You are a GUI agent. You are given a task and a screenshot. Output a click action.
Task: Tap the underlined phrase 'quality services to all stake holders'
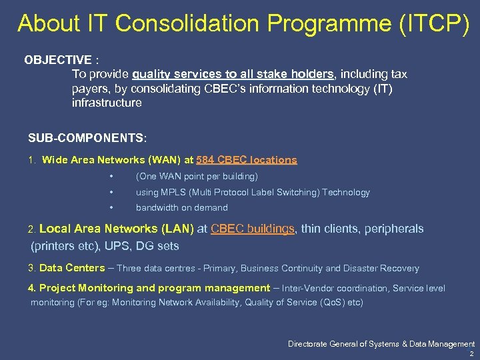coord(233,74)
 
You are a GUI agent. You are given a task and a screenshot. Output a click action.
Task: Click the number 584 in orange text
coord(206,160)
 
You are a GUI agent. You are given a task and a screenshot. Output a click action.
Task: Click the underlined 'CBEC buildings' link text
coord(253,229)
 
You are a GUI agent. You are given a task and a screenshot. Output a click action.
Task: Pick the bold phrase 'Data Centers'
coord(72,268)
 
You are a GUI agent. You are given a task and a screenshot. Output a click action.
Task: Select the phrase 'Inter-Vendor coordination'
coord(335,288)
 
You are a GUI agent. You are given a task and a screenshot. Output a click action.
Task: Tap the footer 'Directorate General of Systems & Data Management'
coord(381,344)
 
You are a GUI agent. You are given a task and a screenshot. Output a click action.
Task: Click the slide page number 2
coord(471,354)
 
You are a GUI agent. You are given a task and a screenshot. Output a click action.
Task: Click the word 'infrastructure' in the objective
coord(107,103)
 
